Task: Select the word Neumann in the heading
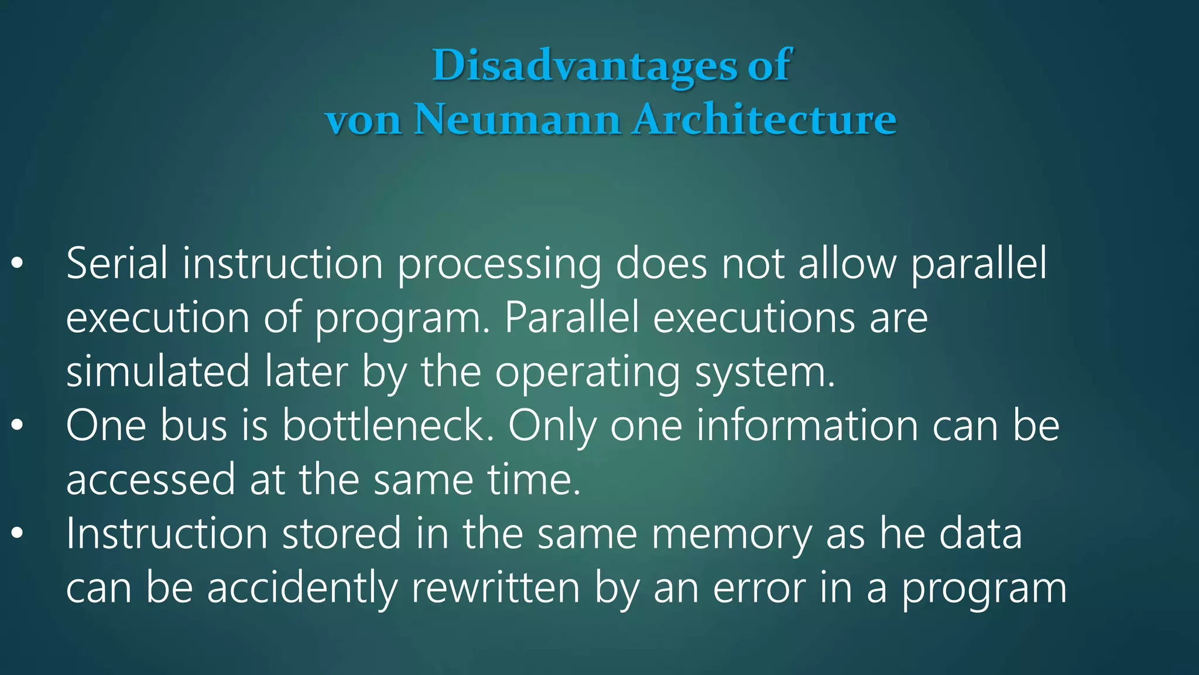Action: pyautogui.click(x=517, y=120)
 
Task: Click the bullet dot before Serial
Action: pyautogui.click(x=18, y=264)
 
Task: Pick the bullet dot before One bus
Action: pyautogui.click(x=18, y=426)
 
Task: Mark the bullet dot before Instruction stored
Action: pyautogui.click(x=18, y=534)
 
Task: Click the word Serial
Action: pyautogui.click(x=117, y=264)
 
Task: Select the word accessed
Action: pyautogui.click(x=150, y=480)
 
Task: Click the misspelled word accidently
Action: pyautogui.click(x=302, y=588)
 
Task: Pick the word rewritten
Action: pyautogui.click(x=495, y=588)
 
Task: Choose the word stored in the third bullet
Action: pyautogui.click(x=342, y=533)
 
